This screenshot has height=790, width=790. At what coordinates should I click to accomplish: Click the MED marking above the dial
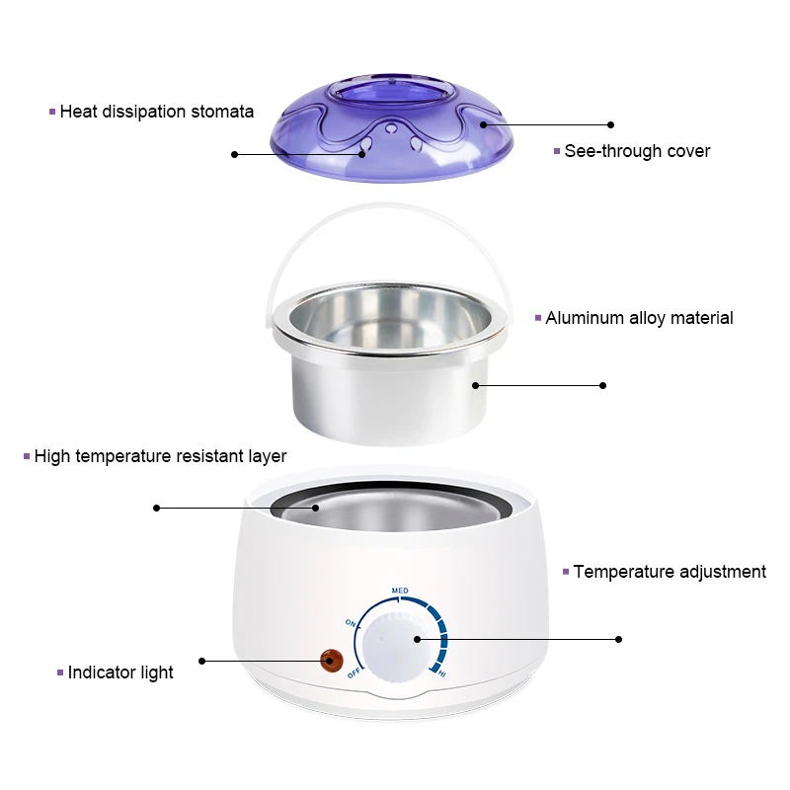coord(400,591)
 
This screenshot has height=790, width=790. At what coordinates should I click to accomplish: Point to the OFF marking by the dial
coord(354,673)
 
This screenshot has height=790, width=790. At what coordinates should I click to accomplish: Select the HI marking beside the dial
coord(441,673)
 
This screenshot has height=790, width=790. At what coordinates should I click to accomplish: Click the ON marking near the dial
coord(351,623)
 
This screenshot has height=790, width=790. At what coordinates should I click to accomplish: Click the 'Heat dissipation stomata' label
coord(156,112)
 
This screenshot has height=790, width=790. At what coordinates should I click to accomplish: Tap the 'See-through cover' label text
coord(637,151)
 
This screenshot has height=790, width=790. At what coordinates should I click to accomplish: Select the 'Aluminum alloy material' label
coord(639,318)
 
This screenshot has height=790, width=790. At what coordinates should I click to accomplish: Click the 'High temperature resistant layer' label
coord(160,456)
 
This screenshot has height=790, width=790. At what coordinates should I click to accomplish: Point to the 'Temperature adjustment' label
coord(670,572)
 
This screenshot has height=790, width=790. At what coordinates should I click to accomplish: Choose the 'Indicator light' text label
coord(120,672)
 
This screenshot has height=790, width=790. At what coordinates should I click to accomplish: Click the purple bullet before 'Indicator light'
coord(59,672)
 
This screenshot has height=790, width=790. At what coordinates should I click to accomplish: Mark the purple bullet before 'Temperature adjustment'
coord(566,572)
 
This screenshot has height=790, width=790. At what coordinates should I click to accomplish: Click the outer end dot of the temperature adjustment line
coord(619,639)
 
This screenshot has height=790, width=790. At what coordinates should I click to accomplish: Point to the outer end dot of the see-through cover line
coord(610,125)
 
